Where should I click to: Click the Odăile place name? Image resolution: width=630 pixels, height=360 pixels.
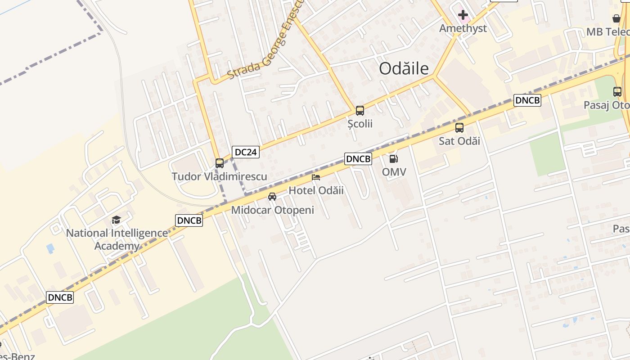[404, 68]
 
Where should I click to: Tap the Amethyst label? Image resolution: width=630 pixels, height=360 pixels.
[463, 28]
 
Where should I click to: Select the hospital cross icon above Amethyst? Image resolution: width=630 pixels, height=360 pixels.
[463, 16]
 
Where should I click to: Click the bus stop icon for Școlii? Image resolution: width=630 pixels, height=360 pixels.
[360, 110]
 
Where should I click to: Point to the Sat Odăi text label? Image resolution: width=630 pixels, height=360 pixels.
[459, 141]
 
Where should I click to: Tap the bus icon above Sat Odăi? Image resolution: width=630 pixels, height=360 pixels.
[459, 128]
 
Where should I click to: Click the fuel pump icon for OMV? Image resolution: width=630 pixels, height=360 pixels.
[394, 158]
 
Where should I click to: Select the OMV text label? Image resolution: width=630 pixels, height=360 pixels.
[394, 172]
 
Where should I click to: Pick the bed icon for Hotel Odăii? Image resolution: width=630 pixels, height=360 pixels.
[316, 177]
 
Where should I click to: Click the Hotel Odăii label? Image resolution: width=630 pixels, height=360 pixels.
[316, 190]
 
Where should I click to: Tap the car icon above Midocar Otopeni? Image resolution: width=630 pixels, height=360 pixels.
[272, 197]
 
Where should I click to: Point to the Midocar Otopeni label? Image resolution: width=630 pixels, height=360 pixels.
[273, 210]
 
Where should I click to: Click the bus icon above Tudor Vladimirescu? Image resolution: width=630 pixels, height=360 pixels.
[220, 163]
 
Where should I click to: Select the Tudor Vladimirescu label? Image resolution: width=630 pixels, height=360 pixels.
[220, 176]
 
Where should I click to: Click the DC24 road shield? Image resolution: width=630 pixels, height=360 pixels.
[246, 152]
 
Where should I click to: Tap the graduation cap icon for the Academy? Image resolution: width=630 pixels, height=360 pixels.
[117, 220]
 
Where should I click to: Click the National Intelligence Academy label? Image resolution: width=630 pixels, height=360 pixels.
[117, 239]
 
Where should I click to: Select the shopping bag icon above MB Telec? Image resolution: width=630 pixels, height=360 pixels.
[616, 18]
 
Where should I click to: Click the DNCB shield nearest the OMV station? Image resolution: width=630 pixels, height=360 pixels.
[358, 159]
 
